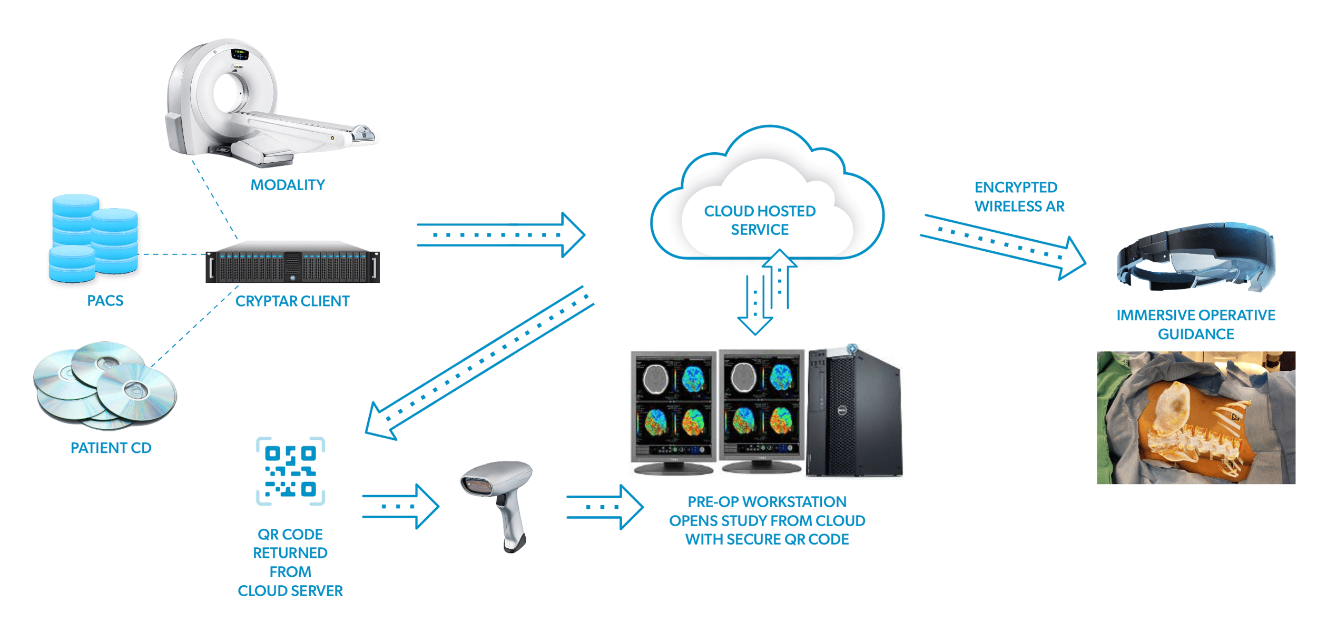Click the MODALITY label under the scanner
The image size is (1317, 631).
(288, 185)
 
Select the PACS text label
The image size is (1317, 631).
(105, 301)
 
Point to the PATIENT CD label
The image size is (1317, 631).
(111, 448)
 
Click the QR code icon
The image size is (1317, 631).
(290, 471)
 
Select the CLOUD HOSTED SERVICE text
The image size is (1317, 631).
(760, 220)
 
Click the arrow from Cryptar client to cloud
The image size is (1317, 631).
(500, 235)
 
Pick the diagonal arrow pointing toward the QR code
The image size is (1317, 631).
(479, 363)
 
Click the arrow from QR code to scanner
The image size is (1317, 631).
(400, 506)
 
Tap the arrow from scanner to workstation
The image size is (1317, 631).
(605, 507)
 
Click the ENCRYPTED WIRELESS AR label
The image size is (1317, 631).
(1019, 197)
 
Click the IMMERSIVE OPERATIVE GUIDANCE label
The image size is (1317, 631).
(1195, 324)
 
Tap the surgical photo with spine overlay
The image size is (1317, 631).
(1196, 417)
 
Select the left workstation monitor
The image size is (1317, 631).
(673, 411)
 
